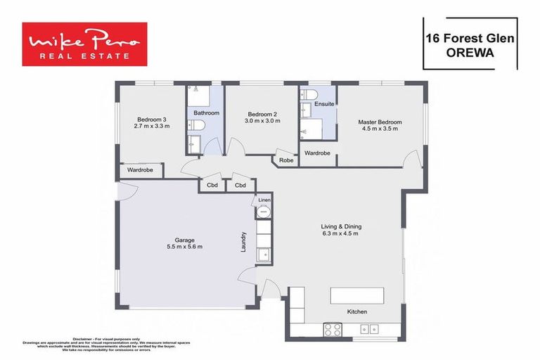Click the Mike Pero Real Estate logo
pyautogui.click(x=84, y=44)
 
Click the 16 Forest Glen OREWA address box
pyautogui.click(x=470, y=44)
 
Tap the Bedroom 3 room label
pyautogui.click(x=152, y=118)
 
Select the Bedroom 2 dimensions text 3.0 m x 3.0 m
pyautogui.click(x=262, y=121)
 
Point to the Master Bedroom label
pyautogui.click(x=380, y=120)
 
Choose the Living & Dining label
pyautogui.click(x=341, y=226)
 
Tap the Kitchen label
pyautogui.click(x=356, y=311)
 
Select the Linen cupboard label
pyautogui.click(x=264, y=200)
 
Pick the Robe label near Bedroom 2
pyautogui.click(x=286, y=160)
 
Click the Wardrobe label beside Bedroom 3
pyautogui.click(x=141, y=170)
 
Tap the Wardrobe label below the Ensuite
pyautogui.click(x=317, y=153)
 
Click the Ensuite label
pyautogui.click(x=324, y=104)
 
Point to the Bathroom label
pyautogui.click(x=207, y=112)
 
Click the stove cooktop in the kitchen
pyautogui.click(x=332, y=329)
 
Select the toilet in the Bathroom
pyautogui.click(x=198, y=125)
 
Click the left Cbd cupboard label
pyautogui.click(x=212, y=186)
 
